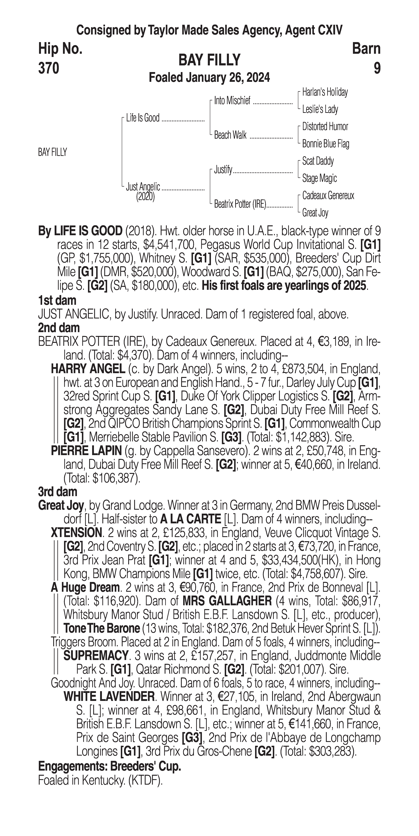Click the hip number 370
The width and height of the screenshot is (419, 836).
click(49, 68)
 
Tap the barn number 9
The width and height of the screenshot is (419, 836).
click(377, 68)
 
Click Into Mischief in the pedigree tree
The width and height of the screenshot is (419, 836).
click(232, 101)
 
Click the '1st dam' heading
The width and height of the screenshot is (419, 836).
click(57, 301)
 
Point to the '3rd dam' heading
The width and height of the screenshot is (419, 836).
click(57, 492)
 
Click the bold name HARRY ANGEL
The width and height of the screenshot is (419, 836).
click(88, 369)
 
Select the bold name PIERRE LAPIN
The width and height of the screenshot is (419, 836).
click(86, 451)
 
